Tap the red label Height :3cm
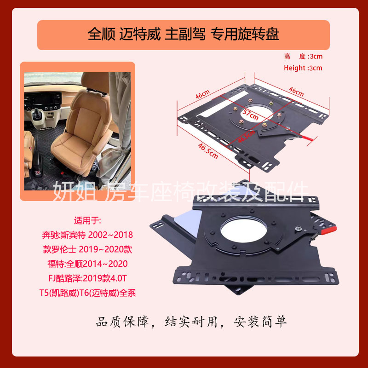303,68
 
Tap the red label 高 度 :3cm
303,57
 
